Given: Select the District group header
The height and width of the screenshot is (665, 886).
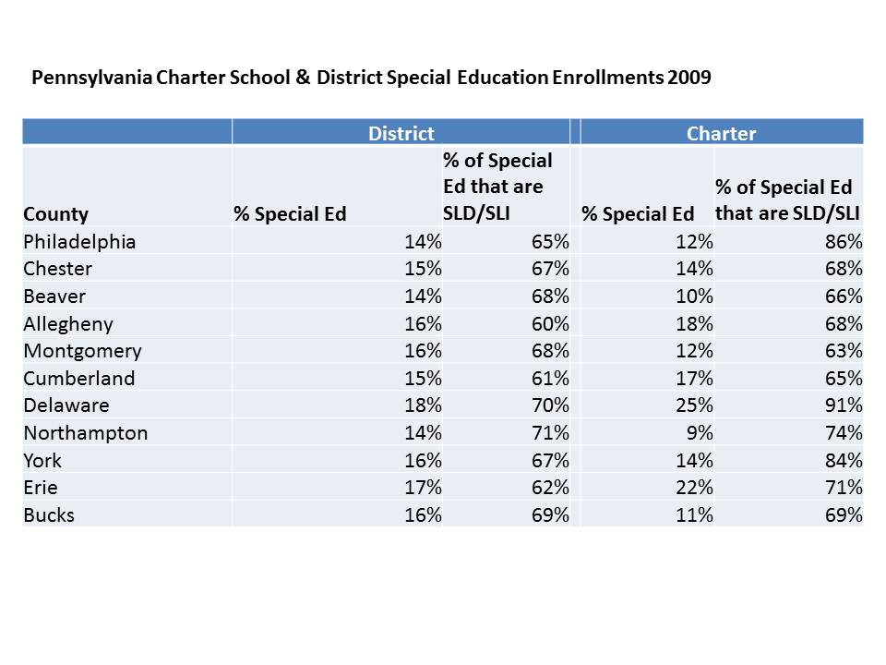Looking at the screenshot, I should pos(401,134).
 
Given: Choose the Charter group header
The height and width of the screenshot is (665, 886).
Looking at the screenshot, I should pos(721,134).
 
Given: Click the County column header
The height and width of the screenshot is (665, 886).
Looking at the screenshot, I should pos(56,214).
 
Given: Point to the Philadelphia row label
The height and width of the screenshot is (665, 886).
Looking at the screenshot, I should pos(80,242).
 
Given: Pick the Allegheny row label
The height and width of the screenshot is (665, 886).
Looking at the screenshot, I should pos(69,323).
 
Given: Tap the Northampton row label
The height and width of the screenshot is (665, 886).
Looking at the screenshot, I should pos(86,433).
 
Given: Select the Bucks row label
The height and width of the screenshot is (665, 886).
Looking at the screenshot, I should pos(49,515).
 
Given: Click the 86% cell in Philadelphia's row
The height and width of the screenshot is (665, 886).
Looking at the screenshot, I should pos(844,242).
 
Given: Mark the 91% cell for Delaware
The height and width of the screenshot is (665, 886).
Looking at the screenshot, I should pos(844,405).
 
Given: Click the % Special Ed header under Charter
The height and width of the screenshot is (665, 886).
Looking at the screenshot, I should pos(638,214).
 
